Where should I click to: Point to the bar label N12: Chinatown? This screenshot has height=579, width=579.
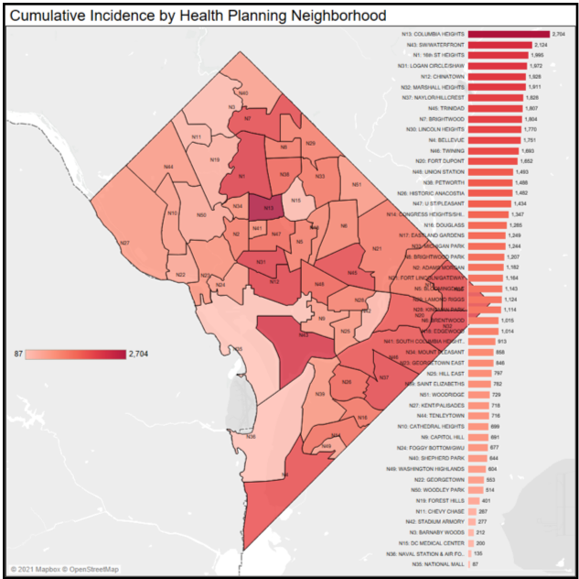click(440, 76)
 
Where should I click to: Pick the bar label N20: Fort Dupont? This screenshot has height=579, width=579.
click(439, 160)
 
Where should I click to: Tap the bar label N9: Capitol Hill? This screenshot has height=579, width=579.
click(443, 436)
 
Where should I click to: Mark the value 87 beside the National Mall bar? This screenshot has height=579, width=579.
click(475, 563)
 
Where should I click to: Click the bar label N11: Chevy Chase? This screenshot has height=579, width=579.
click(443, 510)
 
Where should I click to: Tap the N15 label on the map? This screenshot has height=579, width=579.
click(295, 201)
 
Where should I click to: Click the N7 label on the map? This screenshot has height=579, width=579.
click(248, 118)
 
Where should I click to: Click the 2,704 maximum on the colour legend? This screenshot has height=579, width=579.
click(139, 353)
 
